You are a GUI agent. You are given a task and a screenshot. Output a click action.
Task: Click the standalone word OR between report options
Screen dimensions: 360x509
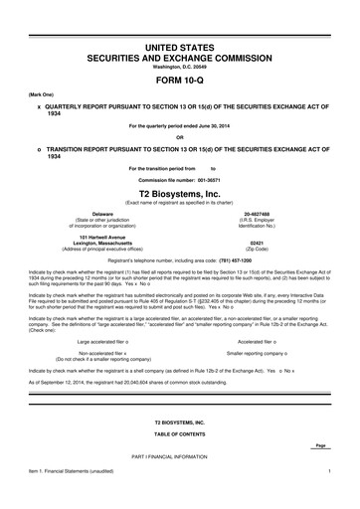pyautogui.click(x=180, y=137)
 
